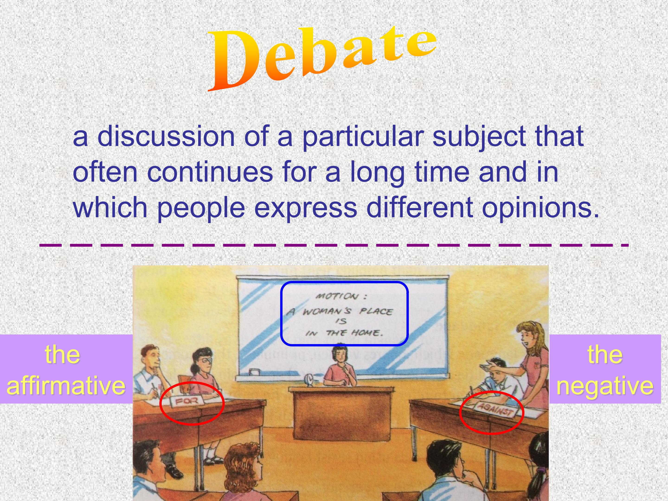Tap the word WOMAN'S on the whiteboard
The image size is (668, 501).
326,311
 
